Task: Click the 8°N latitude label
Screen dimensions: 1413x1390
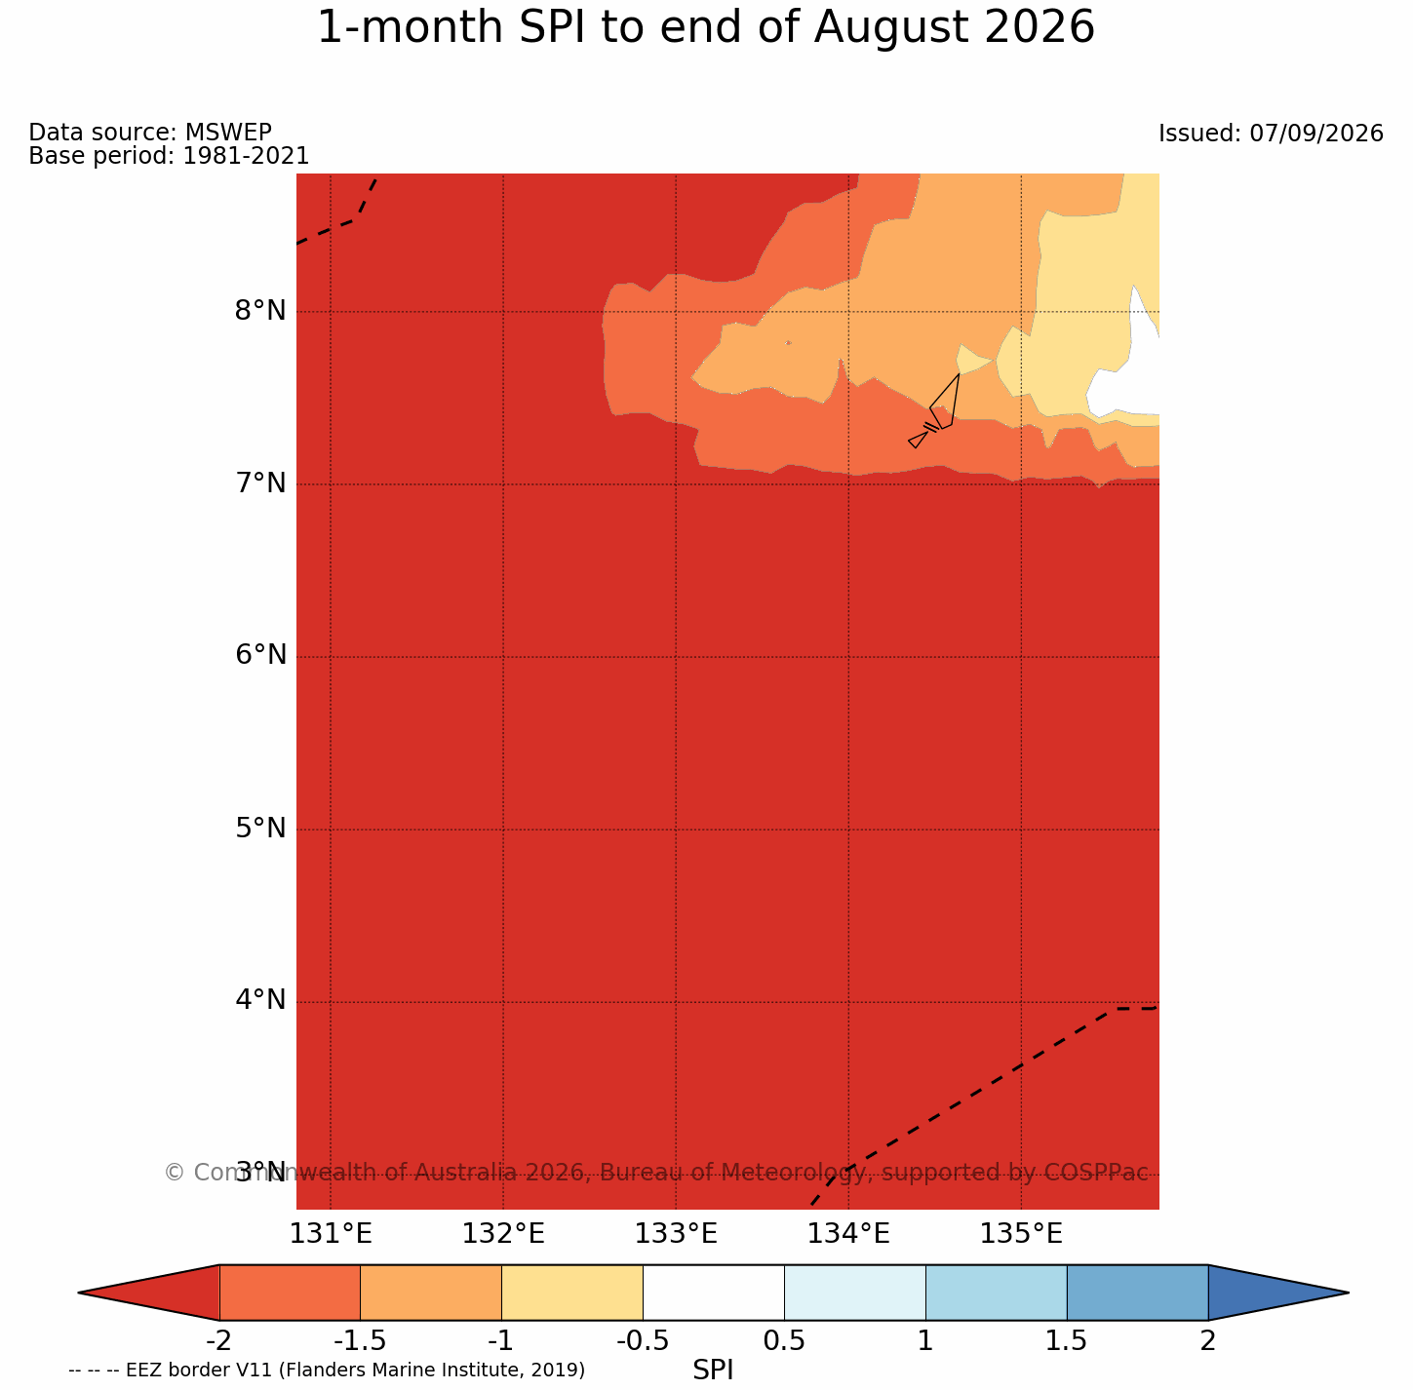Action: click(x=259, y=311)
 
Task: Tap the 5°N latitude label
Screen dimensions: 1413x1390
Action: click(x=259, y=829)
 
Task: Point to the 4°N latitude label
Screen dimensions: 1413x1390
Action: click(x=259, y=1000)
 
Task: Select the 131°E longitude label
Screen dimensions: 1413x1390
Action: click(x=331, y=1234)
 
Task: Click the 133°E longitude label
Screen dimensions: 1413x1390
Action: click(x=676, y=1234)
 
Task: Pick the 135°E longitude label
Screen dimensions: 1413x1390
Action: click(x=1021, y=1234)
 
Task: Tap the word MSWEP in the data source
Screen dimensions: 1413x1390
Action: click(x=228, y=132)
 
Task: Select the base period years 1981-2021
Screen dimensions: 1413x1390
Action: click(x=246, y=155)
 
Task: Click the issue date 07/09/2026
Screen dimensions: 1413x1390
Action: click(x=1315, y=134)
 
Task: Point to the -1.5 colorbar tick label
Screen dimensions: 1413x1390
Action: click(x=359, y=1341)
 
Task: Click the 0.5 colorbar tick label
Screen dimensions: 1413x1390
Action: click(x=784, y=1341)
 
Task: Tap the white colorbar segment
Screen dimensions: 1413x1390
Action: click(x=713, y=1293)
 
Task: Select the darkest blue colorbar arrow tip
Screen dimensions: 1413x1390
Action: click(x=1348, y=1293)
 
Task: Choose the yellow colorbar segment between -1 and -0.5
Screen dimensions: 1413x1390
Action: click(x=572, y=1293)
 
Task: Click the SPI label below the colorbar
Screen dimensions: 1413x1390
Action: click(x=713, y=1371)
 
